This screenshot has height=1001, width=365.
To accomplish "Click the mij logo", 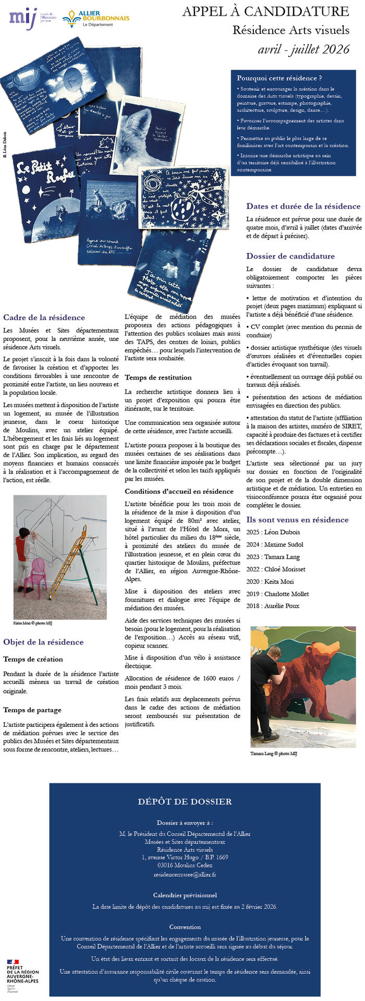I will [23, 18].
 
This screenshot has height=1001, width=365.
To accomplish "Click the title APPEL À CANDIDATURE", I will [265, 11].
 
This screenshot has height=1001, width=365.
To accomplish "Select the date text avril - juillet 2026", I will [303, 50].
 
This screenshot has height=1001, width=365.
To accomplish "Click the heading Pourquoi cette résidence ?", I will [279, 78].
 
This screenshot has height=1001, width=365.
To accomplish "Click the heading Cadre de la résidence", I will [44, 318].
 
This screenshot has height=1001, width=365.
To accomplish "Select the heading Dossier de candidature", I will [290, 256].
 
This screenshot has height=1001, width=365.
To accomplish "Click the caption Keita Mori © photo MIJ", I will [33, 623].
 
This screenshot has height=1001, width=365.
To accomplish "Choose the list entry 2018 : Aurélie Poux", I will [273, 606].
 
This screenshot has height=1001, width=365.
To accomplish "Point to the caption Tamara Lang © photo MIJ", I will [274, 753].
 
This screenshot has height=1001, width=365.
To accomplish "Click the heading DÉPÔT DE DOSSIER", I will [185, 802].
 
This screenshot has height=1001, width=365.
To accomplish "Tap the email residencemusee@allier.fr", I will [185, 874].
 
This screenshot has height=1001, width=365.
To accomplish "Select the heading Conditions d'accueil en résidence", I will [179, 491].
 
